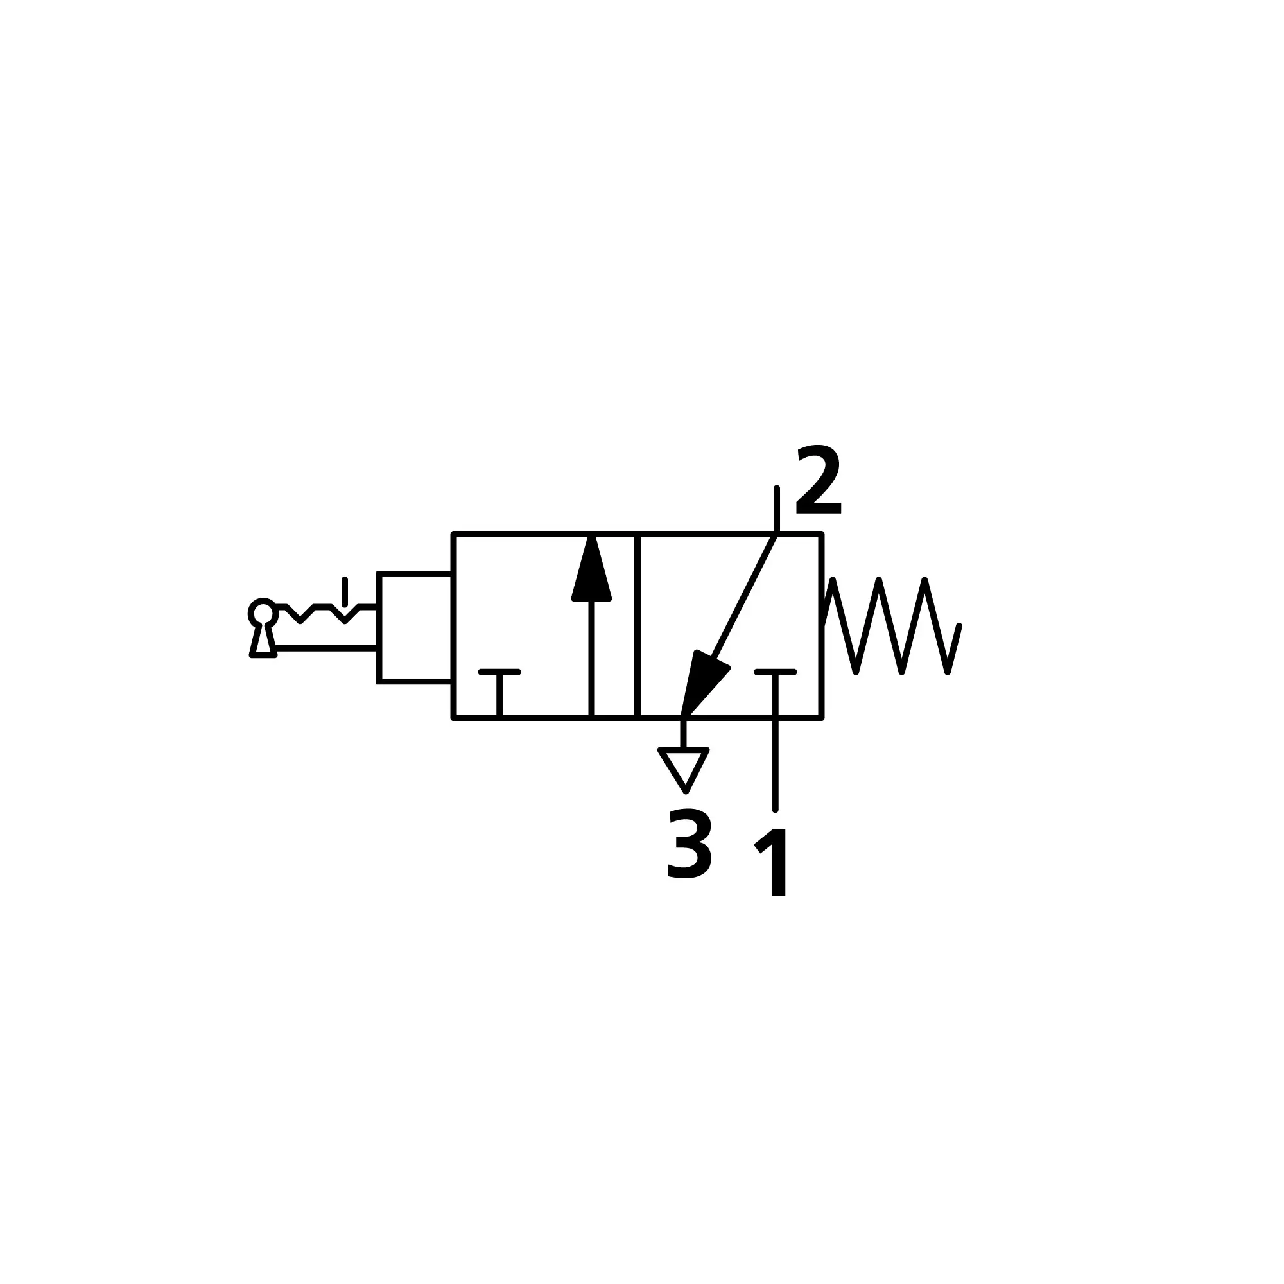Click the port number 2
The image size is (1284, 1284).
pyautogui.click(x=818, y=479)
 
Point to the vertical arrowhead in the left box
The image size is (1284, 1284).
pyautogui.click(x=591, y=568)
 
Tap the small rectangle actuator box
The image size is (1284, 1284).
pyautogui.click(x=415, y=627)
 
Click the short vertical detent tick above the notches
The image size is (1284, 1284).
pyautogui.click(x=344, y=591)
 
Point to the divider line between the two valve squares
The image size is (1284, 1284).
pyautogui.click(x=638, y=625)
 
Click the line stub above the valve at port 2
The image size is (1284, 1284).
pyautogui.click(x=776, y=510)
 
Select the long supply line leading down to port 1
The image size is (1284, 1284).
pyautogui.click(x=775, y=741)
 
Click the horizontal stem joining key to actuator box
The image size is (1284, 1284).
pyautogui.click(x=325, y=647)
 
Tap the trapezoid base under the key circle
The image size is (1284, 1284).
pyautogui.click(x=263, y=641)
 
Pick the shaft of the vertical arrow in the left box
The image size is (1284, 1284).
pyautogui.click(x=591, y=659)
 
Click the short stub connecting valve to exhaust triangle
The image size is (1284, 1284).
pyautogui.click(x=683, y=733)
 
